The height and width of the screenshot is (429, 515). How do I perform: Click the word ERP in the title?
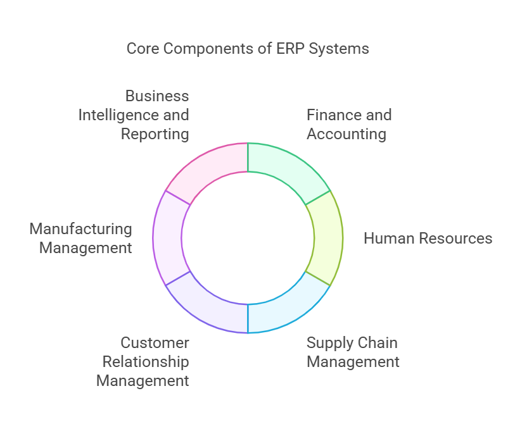pos(291,49)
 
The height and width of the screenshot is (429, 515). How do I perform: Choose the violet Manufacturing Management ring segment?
pos(167,237)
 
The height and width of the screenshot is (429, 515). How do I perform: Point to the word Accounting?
pos(347,134)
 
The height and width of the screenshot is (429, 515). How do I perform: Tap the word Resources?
pos(454,239)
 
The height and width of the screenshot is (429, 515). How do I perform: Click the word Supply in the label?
pos(327,343)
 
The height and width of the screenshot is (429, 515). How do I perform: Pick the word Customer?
pos(155,343)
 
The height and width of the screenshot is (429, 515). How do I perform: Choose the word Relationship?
pos(146,362)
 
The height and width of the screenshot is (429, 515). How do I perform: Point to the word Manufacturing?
pos(81,229)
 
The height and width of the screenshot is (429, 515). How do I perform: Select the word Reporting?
pos(155,134)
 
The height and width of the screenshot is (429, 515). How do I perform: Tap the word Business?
pos(157,96)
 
